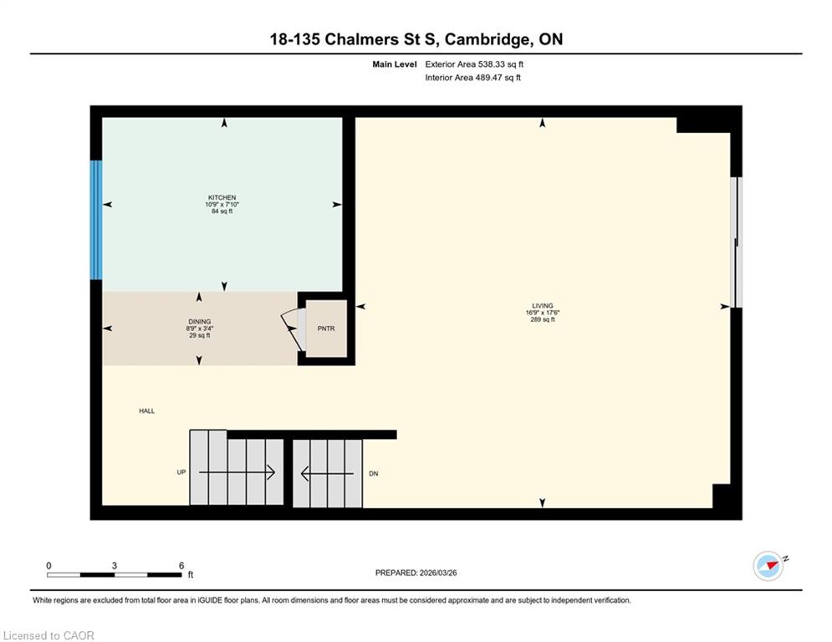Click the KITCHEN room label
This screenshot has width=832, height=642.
point(222,197)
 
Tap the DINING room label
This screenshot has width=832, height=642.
point(200,322)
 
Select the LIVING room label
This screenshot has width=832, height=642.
point(543,306)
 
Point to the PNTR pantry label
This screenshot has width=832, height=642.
point(326,329)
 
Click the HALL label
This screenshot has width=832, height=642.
point(147,410)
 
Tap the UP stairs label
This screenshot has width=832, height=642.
point(181,472)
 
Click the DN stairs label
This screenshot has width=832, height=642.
point(374,473)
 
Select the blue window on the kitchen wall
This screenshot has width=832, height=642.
point(95,220)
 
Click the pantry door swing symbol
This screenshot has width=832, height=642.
point(293,330)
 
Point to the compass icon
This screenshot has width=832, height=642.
point(768,566)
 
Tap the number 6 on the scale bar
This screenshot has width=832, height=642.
point(181,566)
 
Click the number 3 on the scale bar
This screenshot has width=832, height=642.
point(114,566)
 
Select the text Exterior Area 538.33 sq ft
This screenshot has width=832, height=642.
point(474,64)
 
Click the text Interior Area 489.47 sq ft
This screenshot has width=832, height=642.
point(472,78)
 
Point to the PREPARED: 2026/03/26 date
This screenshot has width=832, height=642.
point(416,573)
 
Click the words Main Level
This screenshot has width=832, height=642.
point(394,64)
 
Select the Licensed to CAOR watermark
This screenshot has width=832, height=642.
point(48,635)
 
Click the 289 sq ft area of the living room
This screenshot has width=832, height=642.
point(543,319)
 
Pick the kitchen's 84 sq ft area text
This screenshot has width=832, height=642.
point(222,211)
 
